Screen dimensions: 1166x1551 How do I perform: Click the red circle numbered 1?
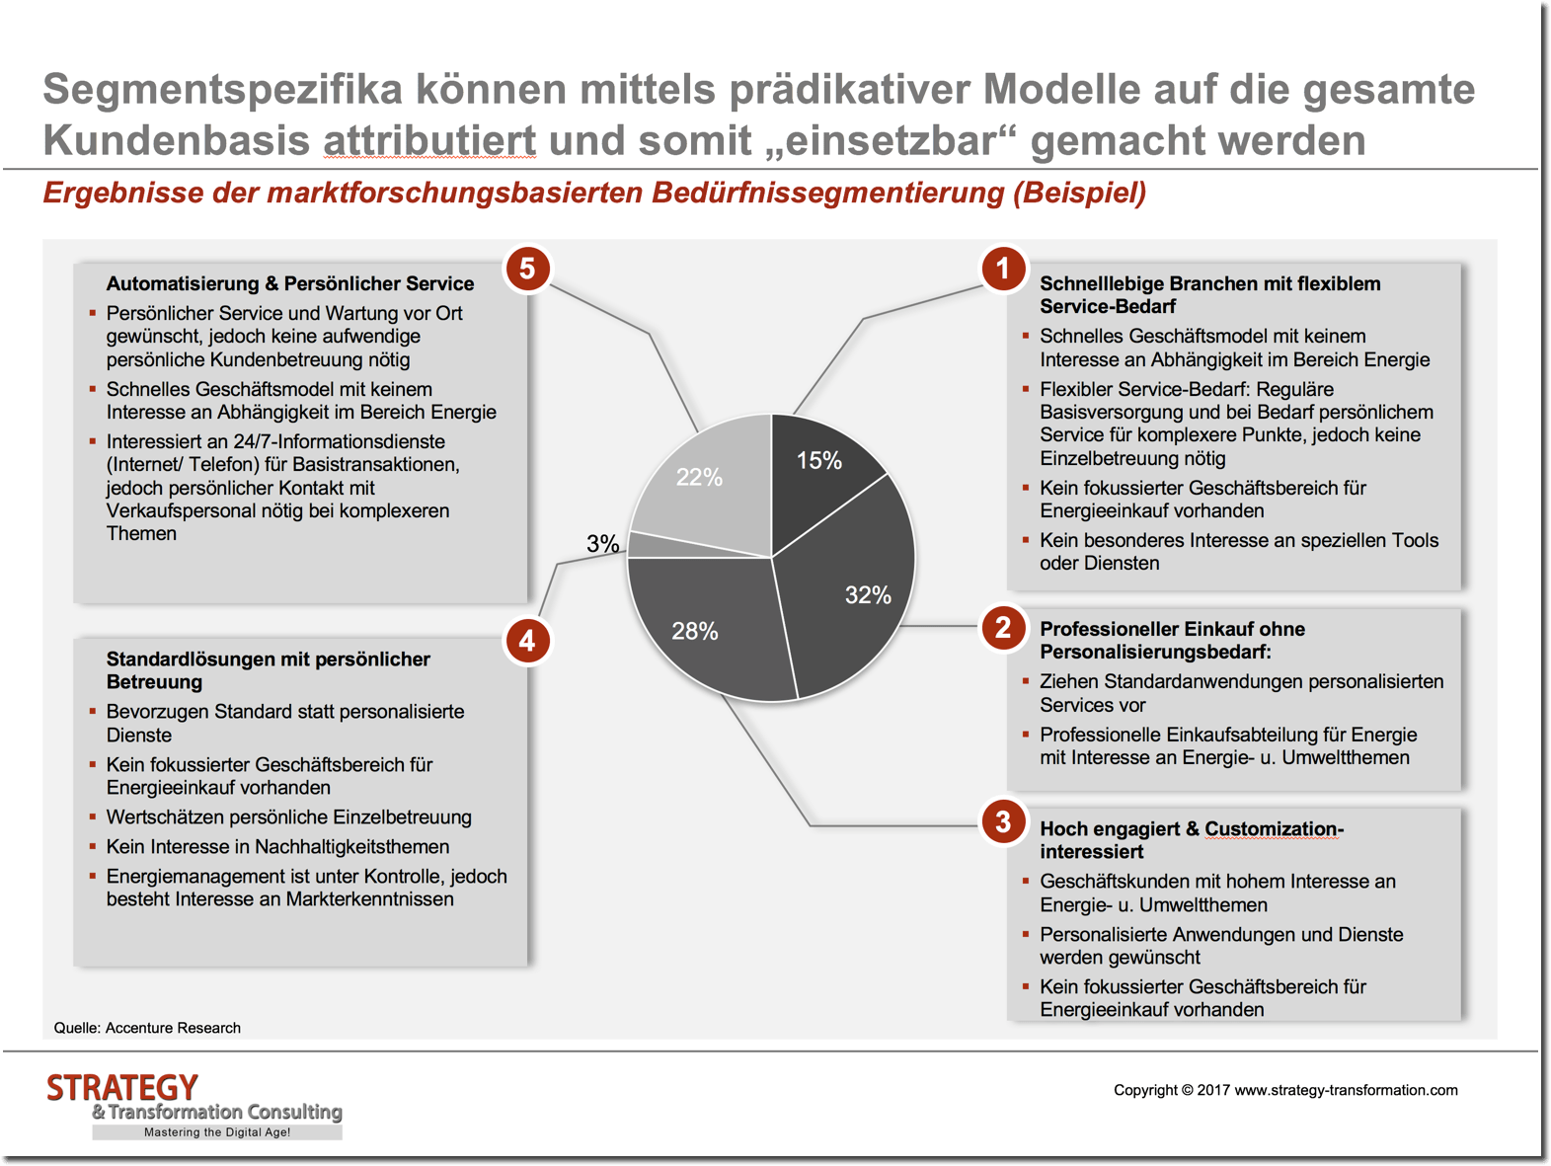coord(1003,269)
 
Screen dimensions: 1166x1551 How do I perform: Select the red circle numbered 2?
coord(1003,628)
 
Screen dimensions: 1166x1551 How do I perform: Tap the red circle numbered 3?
coord(1003,821)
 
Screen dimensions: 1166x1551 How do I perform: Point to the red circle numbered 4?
coord(527,641)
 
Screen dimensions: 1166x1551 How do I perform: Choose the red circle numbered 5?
coord(527,269)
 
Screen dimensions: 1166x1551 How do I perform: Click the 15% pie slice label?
coord(819,460)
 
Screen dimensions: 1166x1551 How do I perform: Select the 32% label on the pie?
coord(868,594)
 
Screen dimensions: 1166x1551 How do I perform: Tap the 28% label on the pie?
coord(695,631)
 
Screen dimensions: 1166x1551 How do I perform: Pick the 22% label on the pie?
coord(699,478)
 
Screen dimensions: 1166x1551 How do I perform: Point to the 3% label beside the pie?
coord(602,543)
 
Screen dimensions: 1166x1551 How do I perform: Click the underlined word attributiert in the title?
coord(429,140)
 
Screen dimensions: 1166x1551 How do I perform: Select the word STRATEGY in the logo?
coord(122,1088)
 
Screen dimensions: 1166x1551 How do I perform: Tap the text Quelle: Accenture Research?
coord(147,1028)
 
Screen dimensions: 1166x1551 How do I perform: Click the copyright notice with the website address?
coord(1285,1090)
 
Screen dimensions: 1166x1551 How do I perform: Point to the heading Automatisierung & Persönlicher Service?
coord(290,284)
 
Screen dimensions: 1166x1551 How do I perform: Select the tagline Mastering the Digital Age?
coord(217,1132)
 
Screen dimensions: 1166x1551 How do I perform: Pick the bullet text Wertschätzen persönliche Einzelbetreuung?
coord(289,817)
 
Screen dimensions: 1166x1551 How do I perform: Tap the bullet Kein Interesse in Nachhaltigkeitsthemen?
coord(277,847)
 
